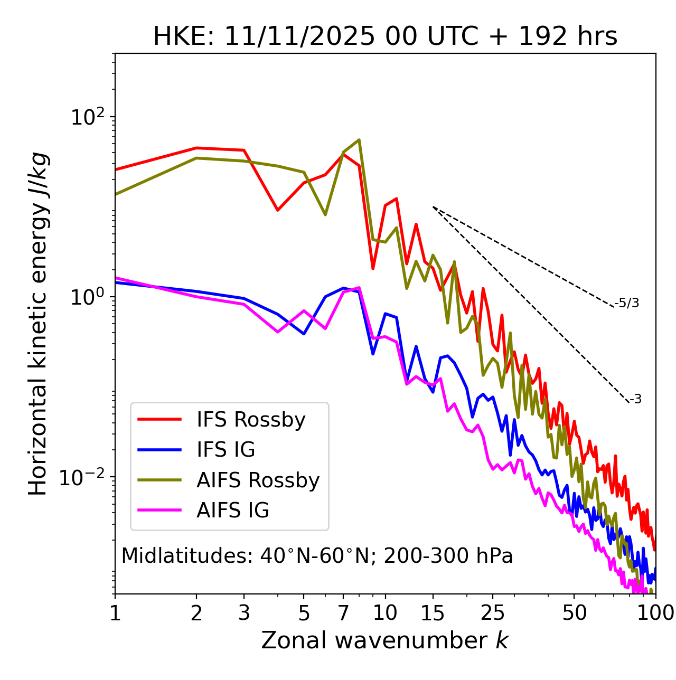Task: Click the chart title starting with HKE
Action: point(385,37)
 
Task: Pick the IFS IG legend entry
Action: point(226,450)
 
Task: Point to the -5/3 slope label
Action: point(627,303)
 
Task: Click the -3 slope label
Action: point(635,400)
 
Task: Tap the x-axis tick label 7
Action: point(343,613)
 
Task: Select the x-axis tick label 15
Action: point(433,613)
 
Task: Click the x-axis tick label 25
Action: point(493,613)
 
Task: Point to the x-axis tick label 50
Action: point(574,613)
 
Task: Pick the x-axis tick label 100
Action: point(655,613)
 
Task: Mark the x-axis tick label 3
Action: point(244,613)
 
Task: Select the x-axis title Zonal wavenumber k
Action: point(385,640)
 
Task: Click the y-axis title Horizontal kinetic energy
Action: point(38,324)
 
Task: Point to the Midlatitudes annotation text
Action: point(317,556)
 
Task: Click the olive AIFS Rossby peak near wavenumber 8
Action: point(359,140)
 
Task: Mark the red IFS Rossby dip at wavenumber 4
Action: point(278,210)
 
